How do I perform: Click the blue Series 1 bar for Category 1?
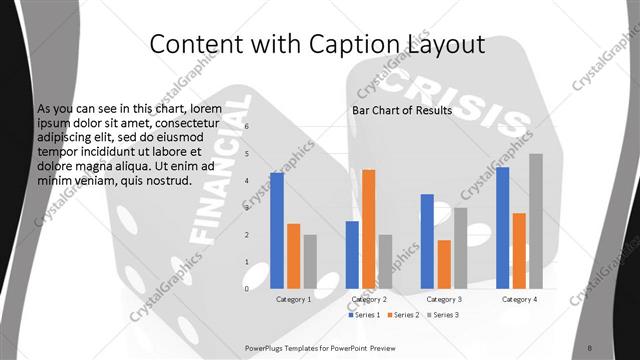[x=277, y=230]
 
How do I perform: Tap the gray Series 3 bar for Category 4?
[x=536, y=221]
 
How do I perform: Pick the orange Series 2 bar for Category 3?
[x=444, y=264]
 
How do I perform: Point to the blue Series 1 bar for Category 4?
[x=502, y=228]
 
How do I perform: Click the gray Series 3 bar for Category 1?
[x=310, y=261]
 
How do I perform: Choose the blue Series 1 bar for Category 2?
[x=352, y=254]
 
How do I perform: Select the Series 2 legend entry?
[x=402, y=315]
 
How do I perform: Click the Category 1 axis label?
[x=294, y=299]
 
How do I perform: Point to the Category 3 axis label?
[x=444, y=299]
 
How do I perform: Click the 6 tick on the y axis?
[x=247, y=127]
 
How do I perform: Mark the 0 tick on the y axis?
[x=247, y=289]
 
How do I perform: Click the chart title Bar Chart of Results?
[x=401, y=110]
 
